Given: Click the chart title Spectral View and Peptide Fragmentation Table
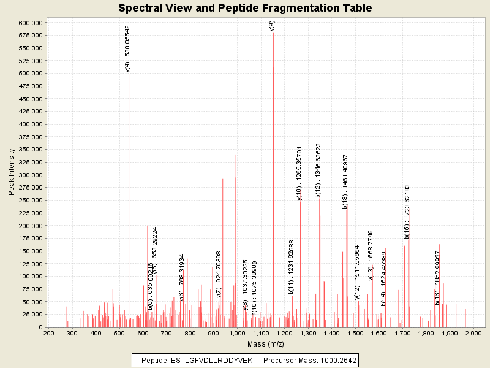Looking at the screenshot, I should coord(245,8).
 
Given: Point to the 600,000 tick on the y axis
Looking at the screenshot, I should coord(29,23).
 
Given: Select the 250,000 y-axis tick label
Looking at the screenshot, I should coord(29,201).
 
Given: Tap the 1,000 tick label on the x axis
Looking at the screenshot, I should coord(237,333).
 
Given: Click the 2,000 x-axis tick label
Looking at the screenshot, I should coord(472,333).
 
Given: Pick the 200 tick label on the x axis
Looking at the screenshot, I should coord(48,333).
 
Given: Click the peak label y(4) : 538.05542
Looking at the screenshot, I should coord(127,49).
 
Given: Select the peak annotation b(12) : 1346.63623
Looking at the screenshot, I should coord(318,169).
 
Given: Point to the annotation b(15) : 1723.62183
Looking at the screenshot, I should coord(407,211).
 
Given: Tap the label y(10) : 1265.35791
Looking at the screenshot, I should coord(300,174).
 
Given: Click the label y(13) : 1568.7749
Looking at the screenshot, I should coord(370,255).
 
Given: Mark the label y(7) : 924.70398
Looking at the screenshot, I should coord(219,274).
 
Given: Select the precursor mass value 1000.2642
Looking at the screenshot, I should coord(336,360).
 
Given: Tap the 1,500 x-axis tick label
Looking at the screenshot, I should coord(355,333).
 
